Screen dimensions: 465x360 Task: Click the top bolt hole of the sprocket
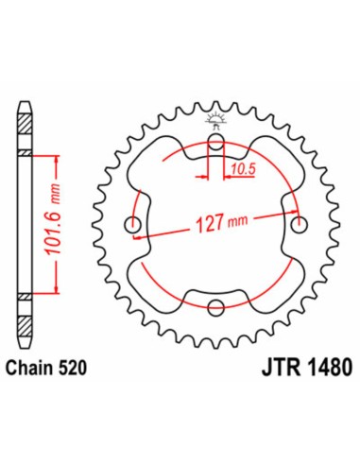click(216, 144)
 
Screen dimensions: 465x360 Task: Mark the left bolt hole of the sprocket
click(133, 224)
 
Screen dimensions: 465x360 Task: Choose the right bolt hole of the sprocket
click(299, 224)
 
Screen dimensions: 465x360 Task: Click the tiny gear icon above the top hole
click(216, 117)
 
